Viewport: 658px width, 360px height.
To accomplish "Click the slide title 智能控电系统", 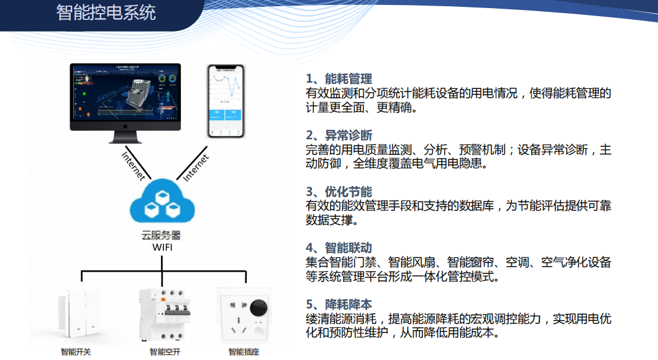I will click(x=106, y=12).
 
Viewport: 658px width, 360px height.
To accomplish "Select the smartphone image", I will click(x=225, y=101).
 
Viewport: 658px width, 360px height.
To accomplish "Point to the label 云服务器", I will click(x=162, y=236).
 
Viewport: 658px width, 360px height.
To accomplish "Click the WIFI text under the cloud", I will click(x=162, y=248).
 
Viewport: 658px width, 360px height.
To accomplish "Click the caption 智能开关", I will click(x=76, y=352).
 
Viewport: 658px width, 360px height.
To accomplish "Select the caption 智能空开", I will click(x=164, y=352).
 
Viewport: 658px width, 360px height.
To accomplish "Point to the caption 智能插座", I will click(x=244, y=352).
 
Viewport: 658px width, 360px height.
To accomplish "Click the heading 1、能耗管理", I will click(x=339, y=79).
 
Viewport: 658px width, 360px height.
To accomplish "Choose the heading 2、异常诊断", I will click(x=339, y=136).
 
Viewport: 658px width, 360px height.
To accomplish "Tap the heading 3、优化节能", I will click(x=339, y=192).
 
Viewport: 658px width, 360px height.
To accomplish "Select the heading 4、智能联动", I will click(x=339, y=248).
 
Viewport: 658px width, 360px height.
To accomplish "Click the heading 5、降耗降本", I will click(x=339, y=305).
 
